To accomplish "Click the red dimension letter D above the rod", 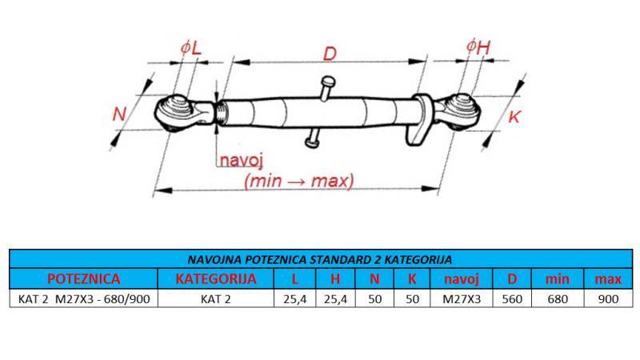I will [329, 54].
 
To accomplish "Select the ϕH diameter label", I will [477, 47].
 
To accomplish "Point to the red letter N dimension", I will [120, 114].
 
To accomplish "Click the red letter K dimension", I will [514, 117].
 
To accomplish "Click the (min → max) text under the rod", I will [299, 180].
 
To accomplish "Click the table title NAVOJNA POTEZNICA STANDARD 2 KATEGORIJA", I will [320, 259].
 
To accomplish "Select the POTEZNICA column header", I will [83, 279].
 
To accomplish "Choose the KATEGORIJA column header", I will [216, 279].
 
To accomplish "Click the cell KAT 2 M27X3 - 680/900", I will [83, 299].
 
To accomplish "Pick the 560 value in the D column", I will [512, 299].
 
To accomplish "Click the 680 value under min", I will [558, 299].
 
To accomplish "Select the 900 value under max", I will [608, 299].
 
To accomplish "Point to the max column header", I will [608, 279].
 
